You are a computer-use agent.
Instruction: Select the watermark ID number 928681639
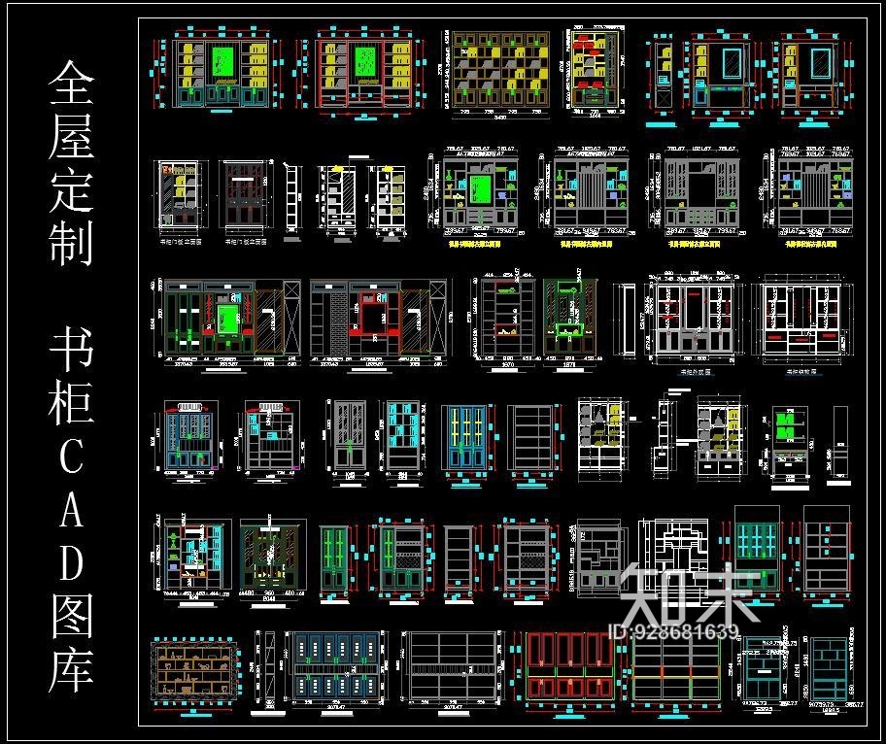click(672, 633)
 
